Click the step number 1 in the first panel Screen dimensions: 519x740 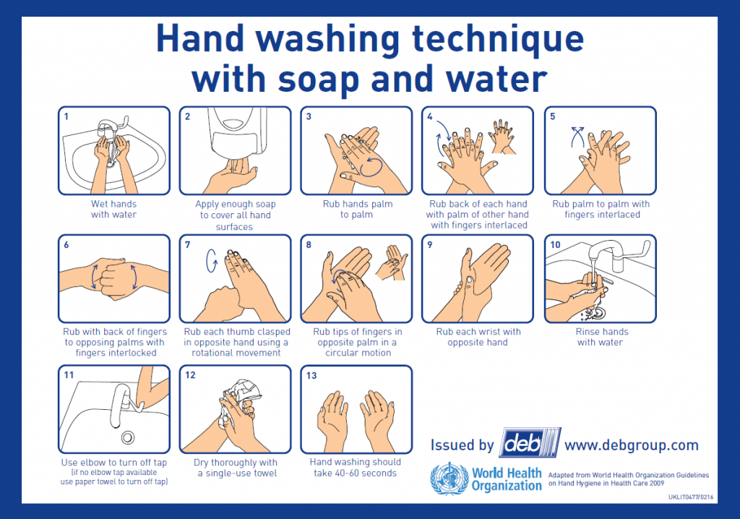pyautogui.click(x=66, y=116)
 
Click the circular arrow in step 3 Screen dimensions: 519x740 pyautogui.click(x=372, y=166)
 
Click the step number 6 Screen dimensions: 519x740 pyautogui.click(x=66, y=244)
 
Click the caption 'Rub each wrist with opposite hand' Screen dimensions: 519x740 pyautogui.click(x=478, y=337)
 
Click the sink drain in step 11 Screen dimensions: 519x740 pyautogui.click(x=128, y=437)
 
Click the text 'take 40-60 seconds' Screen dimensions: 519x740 pyautogui.click(x=355, y=473)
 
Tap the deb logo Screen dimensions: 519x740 pyautogui.click(x=529, y=442)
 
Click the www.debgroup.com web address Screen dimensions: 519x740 pyautogui.click(x=631, y=445)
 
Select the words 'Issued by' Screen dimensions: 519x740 pyautogui.click(x=462, y=445)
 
